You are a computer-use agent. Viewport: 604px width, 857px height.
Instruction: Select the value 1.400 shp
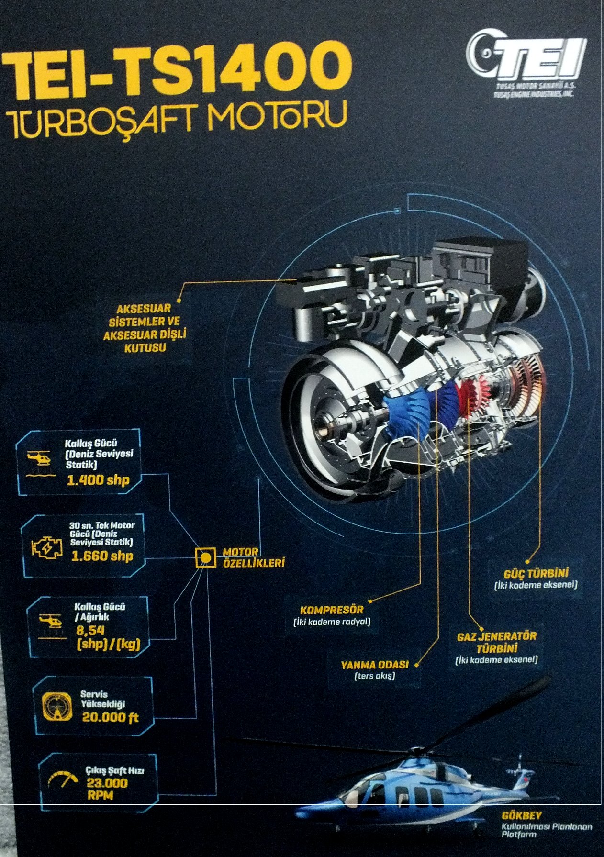98,480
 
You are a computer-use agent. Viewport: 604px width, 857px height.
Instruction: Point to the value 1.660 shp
102,556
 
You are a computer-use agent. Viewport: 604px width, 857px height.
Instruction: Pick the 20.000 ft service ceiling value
110,717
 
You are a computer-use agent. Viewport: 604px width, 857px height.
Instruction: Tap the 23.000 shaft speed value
107,783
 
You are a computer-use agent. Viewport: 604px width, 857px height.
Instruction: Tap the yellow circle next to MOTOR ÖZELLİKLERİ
205,557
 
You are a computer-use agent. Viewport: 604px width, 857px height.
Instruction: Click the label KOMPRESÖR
332,610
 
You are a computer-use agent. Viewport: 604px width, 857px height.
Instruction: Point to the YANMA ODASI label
375,664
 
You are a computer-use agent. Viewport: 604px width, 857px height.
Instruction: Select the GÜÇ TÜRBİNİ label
536,573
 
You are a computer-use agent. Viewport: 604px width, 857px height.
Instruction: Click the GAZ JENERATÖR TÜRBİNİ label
497,642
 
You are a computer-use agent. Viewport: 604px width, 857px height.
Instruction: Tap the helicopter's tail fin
523,777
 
